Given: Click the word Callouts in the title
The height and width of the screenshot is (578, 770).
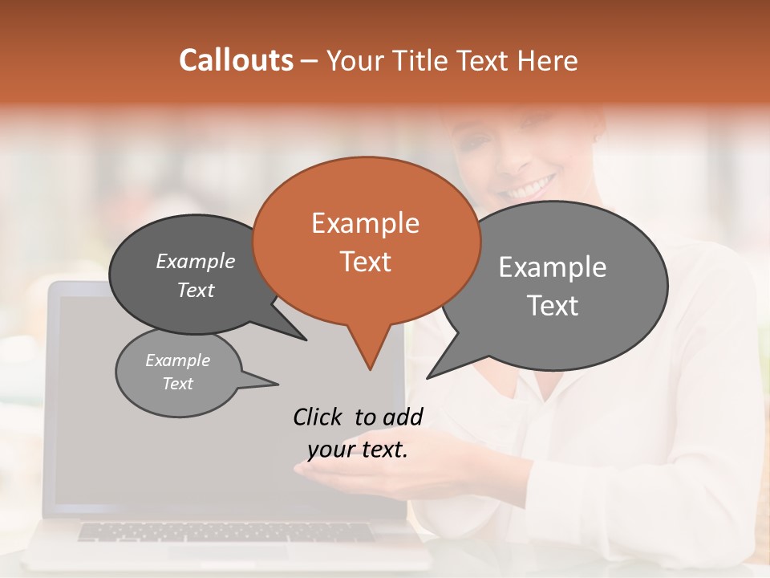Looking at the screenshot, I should click(236, 60).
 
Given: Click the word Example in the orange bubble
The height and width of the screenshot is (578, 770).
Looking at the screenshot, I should click(365, 223).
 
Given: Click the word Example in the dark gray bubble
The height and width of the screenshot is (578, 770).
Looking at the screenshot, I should click(196, 262).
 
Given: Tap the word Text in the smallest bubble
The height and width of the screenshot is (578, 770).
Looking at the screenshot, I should click(177, 384).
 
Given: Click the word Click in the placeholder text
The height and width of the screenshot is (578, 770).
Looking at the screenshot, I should click(318, 417).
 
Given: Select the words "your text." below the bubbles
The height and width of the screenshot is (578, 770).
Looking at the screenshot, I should click(358, 450).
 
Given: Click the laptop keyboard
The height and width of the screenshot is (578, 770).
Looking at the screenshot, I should click(225, 531).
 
